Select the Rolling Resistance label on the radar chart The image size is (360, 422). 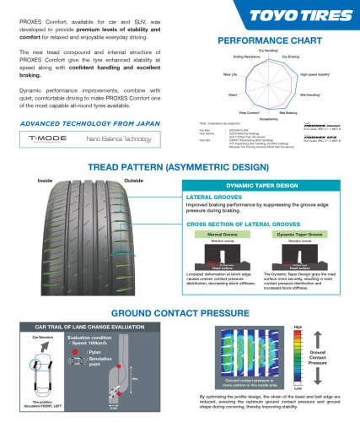238,57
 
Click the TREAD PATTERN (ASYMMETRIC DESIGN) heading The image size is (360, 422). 180,167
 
